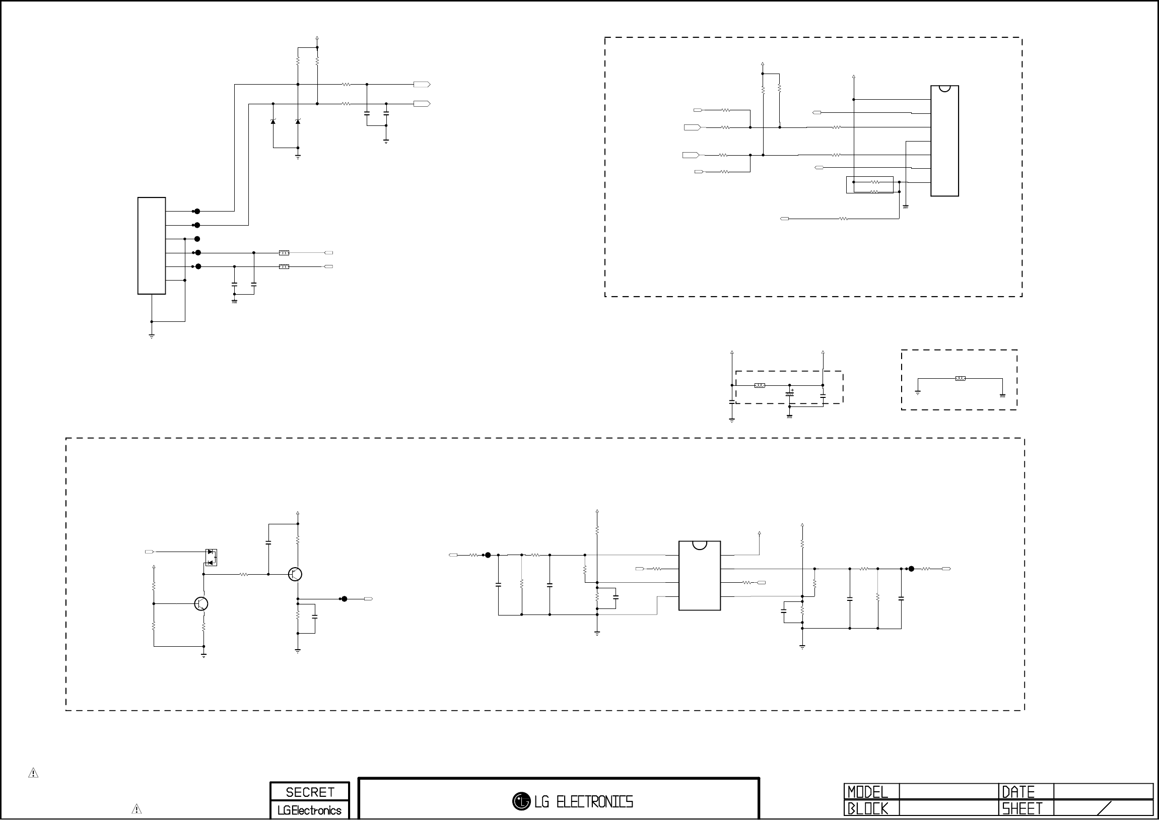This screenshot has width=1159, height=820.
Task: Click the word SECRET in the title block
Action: point(309,792)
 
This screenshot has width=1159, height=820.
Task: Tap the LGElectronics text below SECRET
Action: point(309,810)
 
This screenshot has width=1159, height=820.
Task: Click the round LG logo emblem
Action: point(521,801)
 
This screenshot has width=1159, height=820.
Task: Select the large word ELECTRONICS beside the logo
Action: point(594,802)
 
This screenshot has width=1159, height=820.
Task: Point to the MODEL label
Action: point(867,792)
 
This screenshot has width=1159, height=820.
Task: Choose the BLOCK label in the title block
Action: point(867,809)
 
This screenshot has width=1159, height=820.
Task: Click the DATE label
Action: point(1018,792)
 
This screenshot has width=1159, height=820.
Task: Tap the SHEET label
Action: point(1022,809)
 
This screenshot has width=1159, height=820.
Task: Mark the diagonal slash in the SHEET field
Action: point(1104,808)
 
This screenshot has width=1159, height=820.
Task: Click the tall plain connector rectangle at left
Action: point(152,245)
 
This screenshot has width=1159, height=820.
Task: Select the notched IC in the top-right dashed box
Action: point(944,141)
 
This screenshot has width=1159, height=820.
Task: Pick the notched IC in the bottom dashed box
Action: point(699,575)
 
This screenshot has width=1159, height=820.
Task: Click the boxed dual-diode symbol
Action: point(211,558)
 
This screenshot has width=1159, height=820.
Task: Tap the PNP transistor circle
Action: point(295,574)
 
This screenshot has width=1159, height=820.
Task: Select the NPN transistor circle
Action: point(201,603)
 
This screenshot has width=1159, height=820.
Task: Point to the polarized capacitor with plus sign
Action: point(790,393)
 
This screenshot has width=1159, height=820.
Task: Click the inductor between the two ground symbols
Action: point(961,378)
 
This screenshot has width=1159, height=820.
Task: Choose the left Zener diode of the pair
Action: point(273,121)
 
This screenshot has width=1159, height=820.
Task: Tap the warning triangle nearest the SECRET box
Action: point(137,809)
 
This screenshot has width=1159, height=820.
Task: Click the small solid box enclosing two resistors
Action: point(869,185)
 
